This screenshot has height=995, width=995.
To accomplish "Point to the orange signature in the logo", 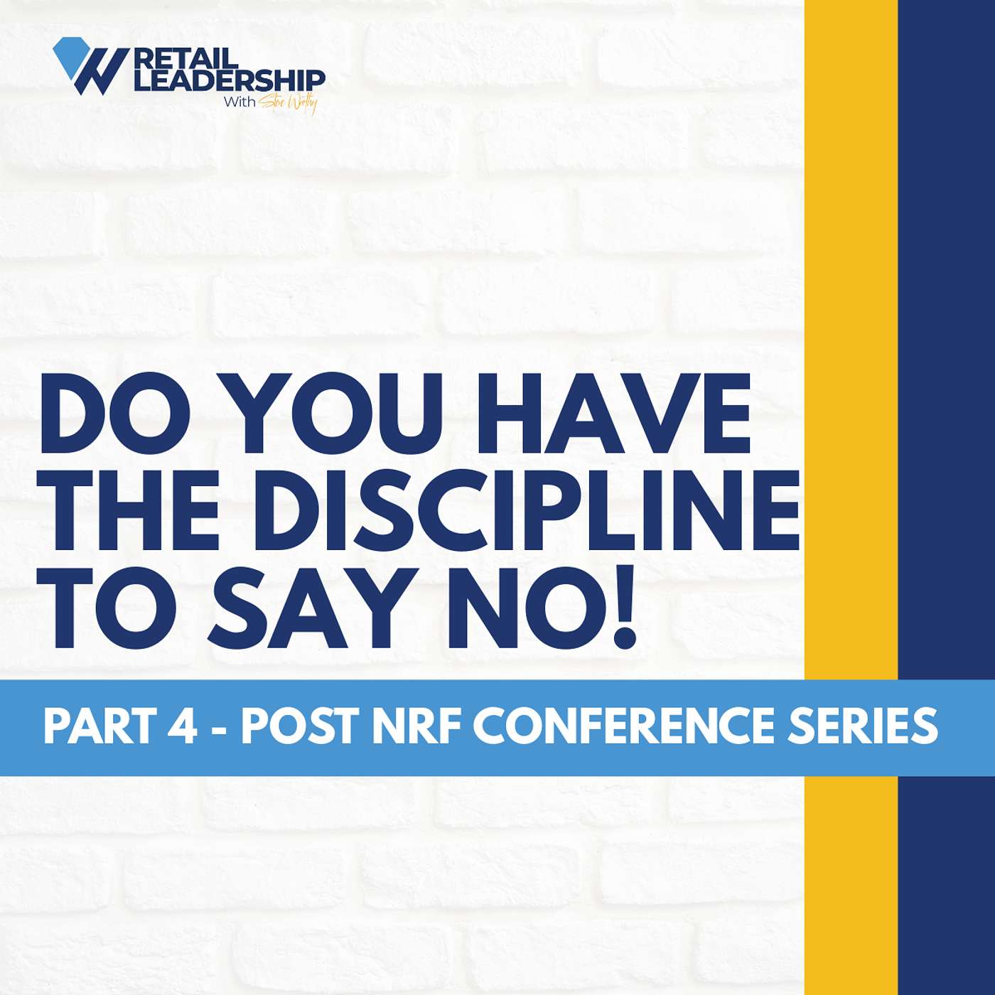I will click(289, 104).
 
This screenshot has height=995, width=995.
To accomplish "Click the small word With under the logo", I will click(240, 102).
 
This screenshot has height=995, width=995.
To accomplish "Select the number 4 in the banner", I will click(184, 726).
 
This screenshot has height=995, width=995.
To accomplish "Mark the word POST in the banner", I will click(299, 726).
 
